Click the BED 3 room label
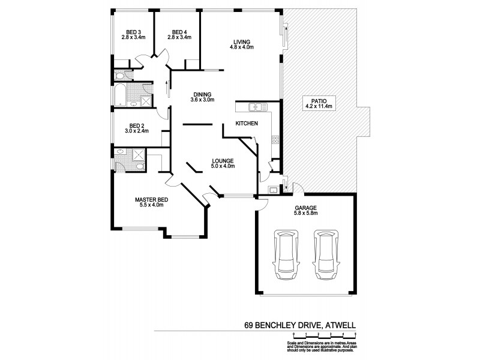click(134, 32)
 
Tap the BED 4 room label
click(181, 32)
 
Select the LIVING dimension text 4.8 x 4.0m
click(242, 47)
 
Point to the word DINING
click(202, 94)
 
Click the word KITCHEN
click(247, 124)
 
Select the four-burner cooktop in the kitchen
click(275, 140)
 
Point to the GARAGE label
click(305, 208)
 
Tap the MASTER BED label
click(151, 200)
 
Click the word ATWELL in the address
click(341, 326)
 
